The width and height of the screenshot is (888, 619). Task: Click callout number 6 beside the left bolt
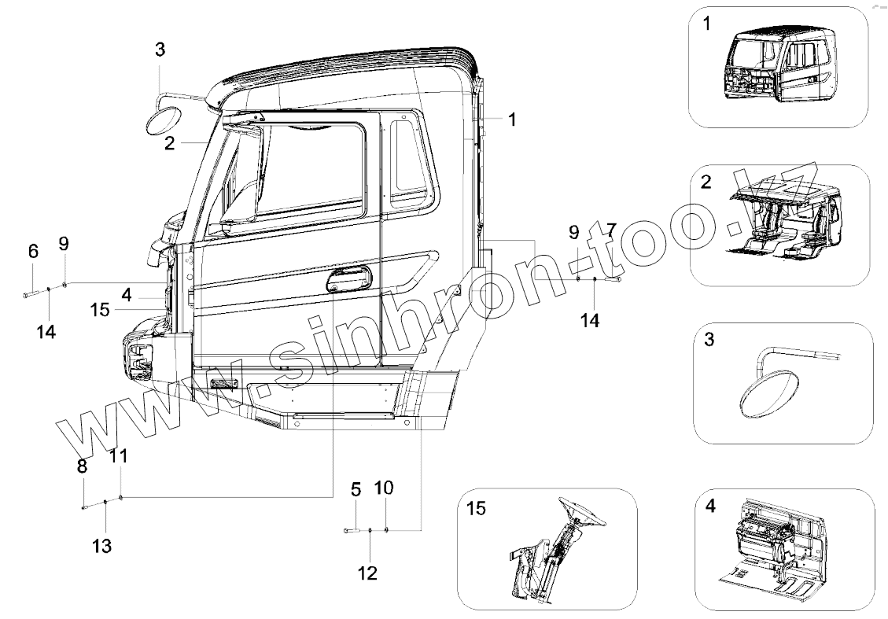point(33,252)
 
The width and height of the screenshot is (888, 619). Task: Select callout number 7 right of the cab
point(610,230)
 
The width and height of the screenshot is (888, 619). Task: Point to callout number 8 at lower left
point(82,466)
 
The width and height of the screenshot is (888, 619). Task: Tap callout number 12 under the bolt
point(367,573)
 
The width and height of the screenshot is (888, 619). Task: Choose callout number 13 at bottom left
point(103,545)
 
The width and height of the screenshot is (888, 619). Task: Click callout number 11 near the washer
point(118,455)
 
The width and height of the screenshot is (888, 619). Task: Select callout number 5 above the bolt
point(356,490)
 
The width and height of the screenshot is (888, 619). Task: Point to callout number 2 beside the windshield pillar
point(169,143)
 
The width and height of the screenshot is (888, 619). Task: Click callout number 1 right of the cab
point(511,120)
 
